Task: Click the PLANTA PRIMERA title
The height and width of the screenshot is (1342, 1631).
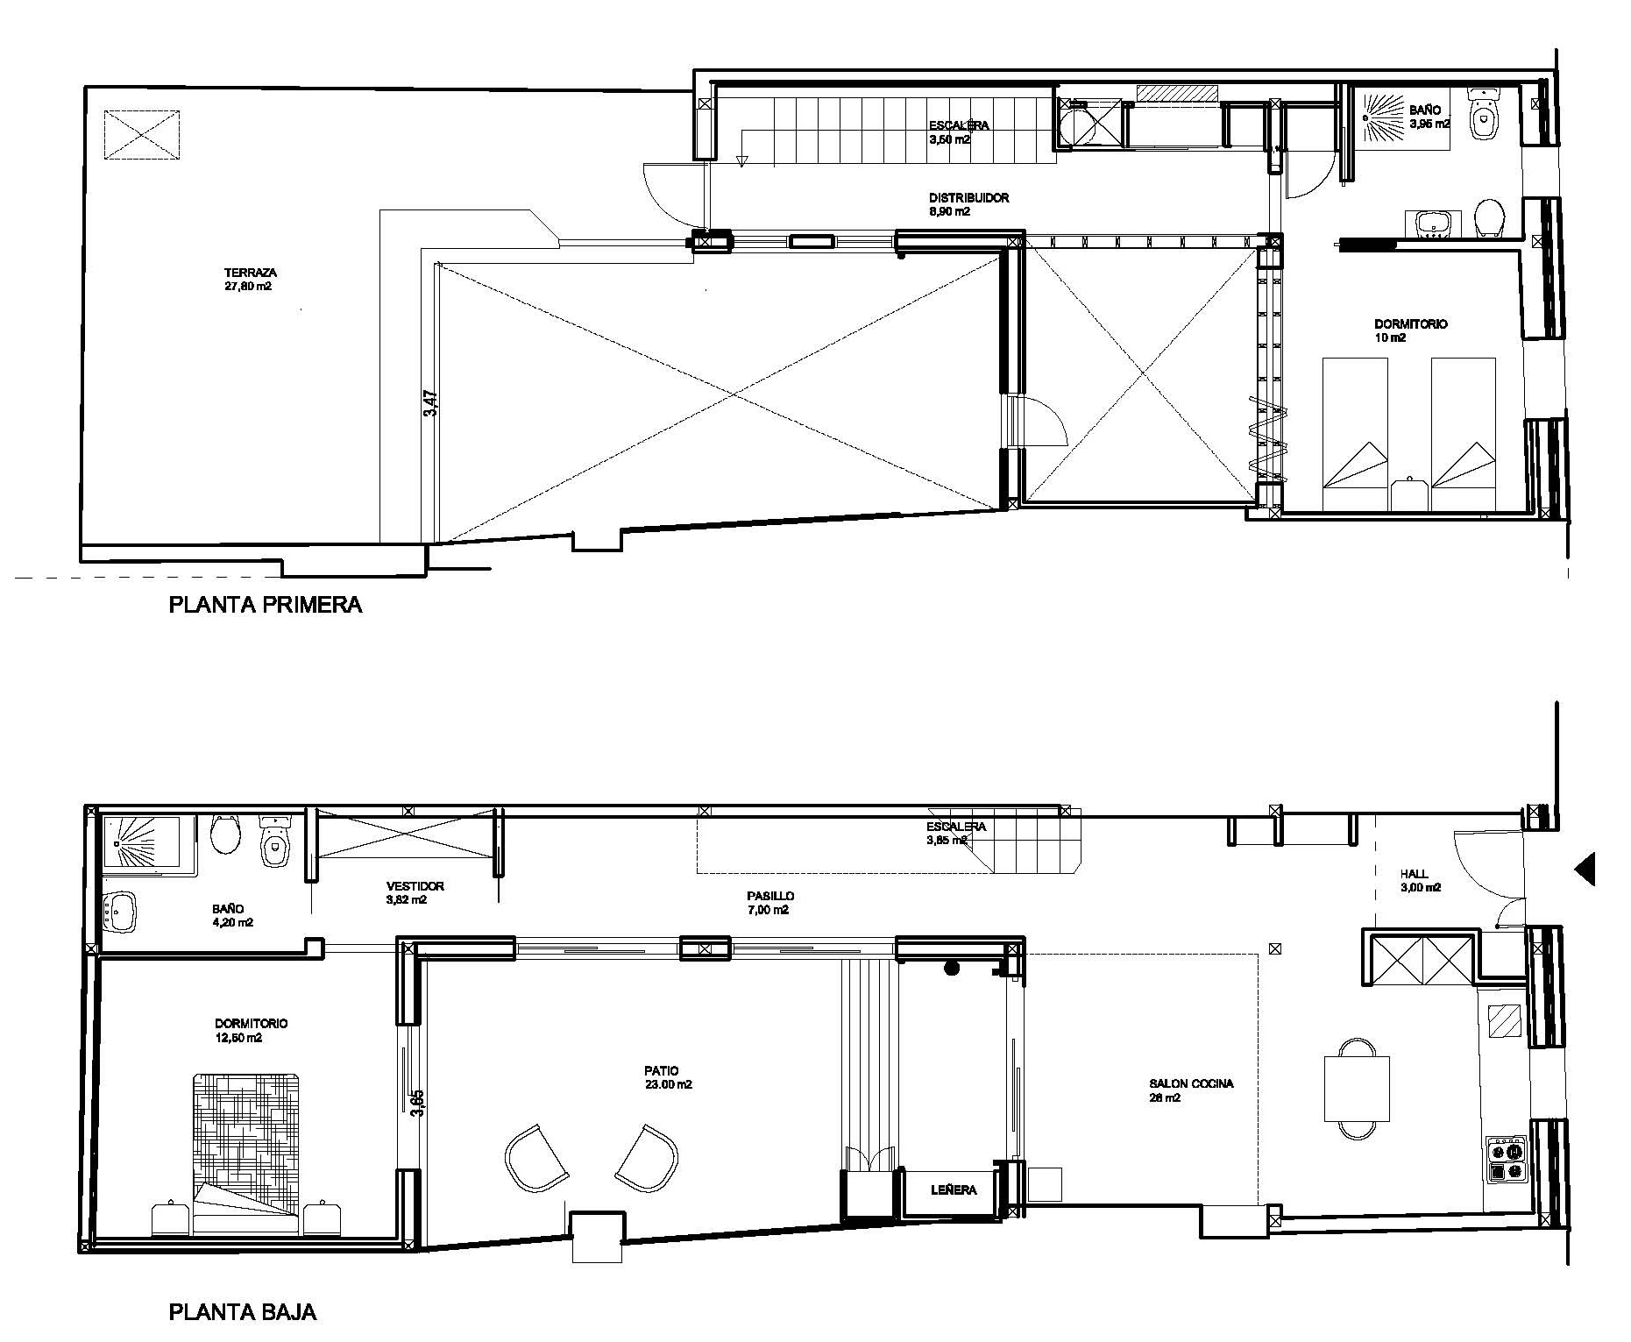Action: coord(266,605)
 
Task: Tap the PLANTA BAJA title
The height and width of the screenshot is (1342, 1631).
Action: coord(243,1312)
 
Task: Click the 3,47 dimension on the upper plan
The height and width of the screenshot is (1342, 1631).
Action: coord(430,404)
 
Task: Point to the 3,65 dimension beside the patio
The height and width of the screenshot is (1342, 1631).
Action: coord(418,1102)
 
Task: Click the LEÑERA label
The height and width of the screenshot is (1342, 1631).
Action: coord(954,1189)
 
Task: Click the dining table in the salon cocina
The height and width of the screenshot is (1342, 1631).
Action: coord(1357,1089)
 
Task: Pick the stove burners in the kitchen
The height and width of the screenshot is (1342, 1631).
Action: coord(1507,1160)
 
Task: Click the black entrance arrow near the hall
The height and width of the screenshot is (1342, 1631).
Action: coord(1585,870)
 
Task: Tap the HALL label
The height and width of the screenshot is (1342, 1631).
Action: coord(1414,874)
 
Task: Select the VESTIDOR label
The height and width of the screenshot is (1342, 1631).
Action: coord(415,886)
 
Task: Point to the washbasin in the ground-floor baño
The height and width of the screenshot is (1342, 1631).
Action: coord(119,912)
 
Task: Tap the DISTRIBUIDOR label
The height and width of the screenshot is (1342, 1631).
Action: coord(968,198)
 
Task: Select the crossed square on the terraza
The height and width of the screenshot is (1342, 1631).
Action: coord(143,135)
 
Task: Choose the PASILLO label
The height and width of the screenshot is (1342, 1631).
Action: coord(770,896)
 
